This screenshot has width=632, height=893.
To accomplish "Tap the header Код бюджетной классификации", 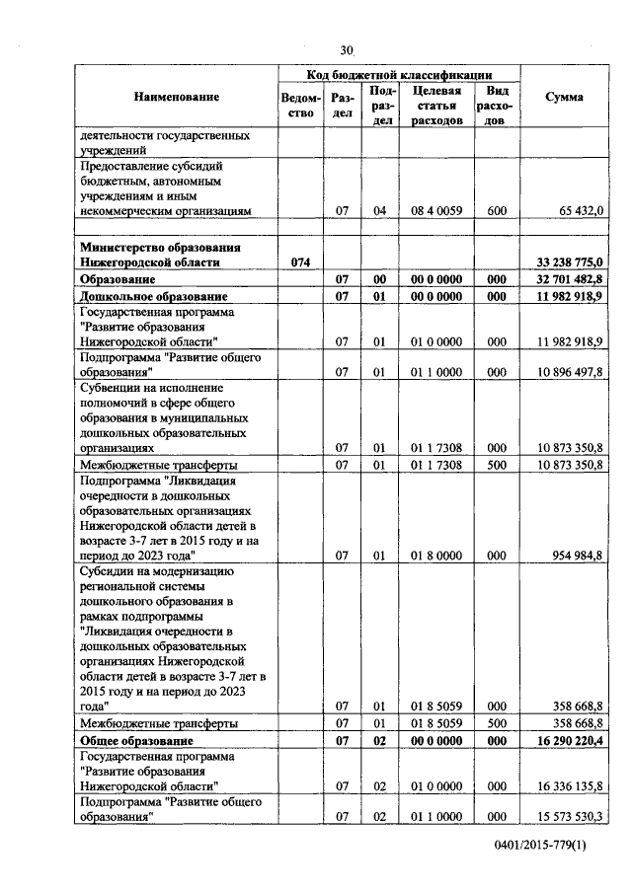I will click(399, 74).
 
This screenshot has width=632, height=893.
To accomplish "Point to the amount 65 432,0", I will click(580, 210).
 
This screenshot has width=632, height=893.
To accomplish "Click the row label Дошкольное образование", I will click(154, 296).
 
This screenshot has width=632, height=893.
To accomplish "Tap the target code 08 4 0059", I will click(436, 210).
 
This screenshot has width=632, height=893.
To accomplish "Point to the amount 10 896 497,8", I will click(570, 372).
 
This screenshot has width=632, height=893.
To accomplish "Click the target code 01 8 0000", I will click(436, 556).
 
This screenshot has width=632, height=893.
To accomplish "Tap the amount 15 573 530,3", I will click(570, 817).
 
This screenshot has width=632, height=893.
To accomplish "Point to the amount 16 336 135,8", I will click(570, 785).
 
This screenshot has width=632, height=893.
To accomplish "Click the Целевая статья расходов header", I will click(436, 105).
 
